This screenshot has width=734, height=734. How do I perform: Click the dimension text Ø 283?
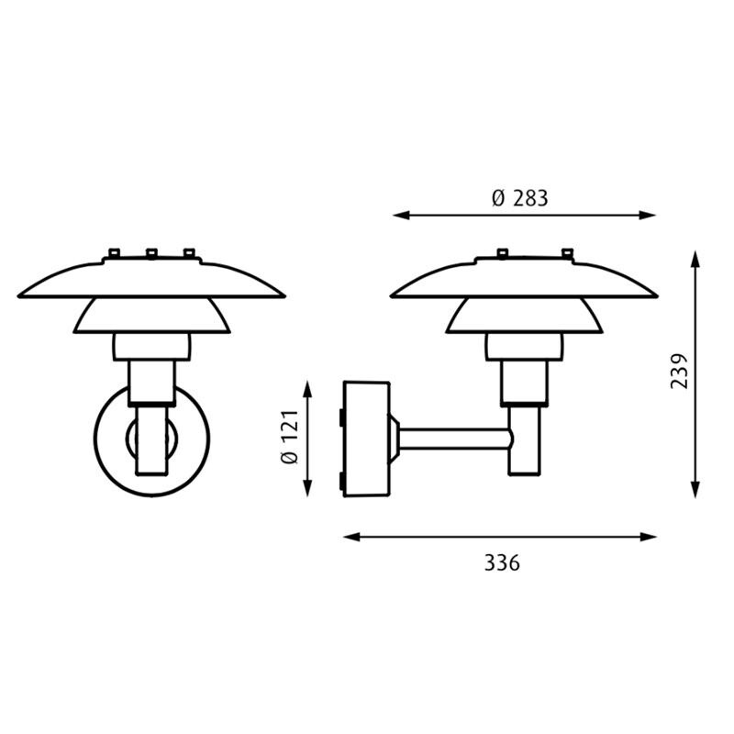(519, 197)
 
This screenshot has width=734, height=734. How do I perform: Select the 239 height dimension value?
(679, 371)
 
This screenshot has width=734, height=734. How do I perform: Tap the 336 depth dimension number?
(502, 562)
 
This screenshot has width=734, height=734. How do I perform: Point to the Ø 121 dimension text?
(288, 439)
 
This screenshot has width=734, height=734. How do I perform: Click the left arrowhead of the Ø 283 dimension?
(399, 216)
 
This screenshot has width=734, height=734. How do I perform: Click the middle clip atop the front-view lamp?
(150, 252)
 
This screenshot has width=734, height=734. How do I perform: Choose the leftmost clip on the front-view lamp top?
(114, 252)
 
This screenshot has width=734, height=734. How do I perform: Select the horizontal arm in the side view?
(454, 439)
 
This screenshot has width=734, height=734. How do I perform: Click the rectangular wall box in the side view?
(366, 439)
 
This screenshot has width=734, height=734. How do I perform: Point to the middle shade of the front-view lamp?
(150, 317)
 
